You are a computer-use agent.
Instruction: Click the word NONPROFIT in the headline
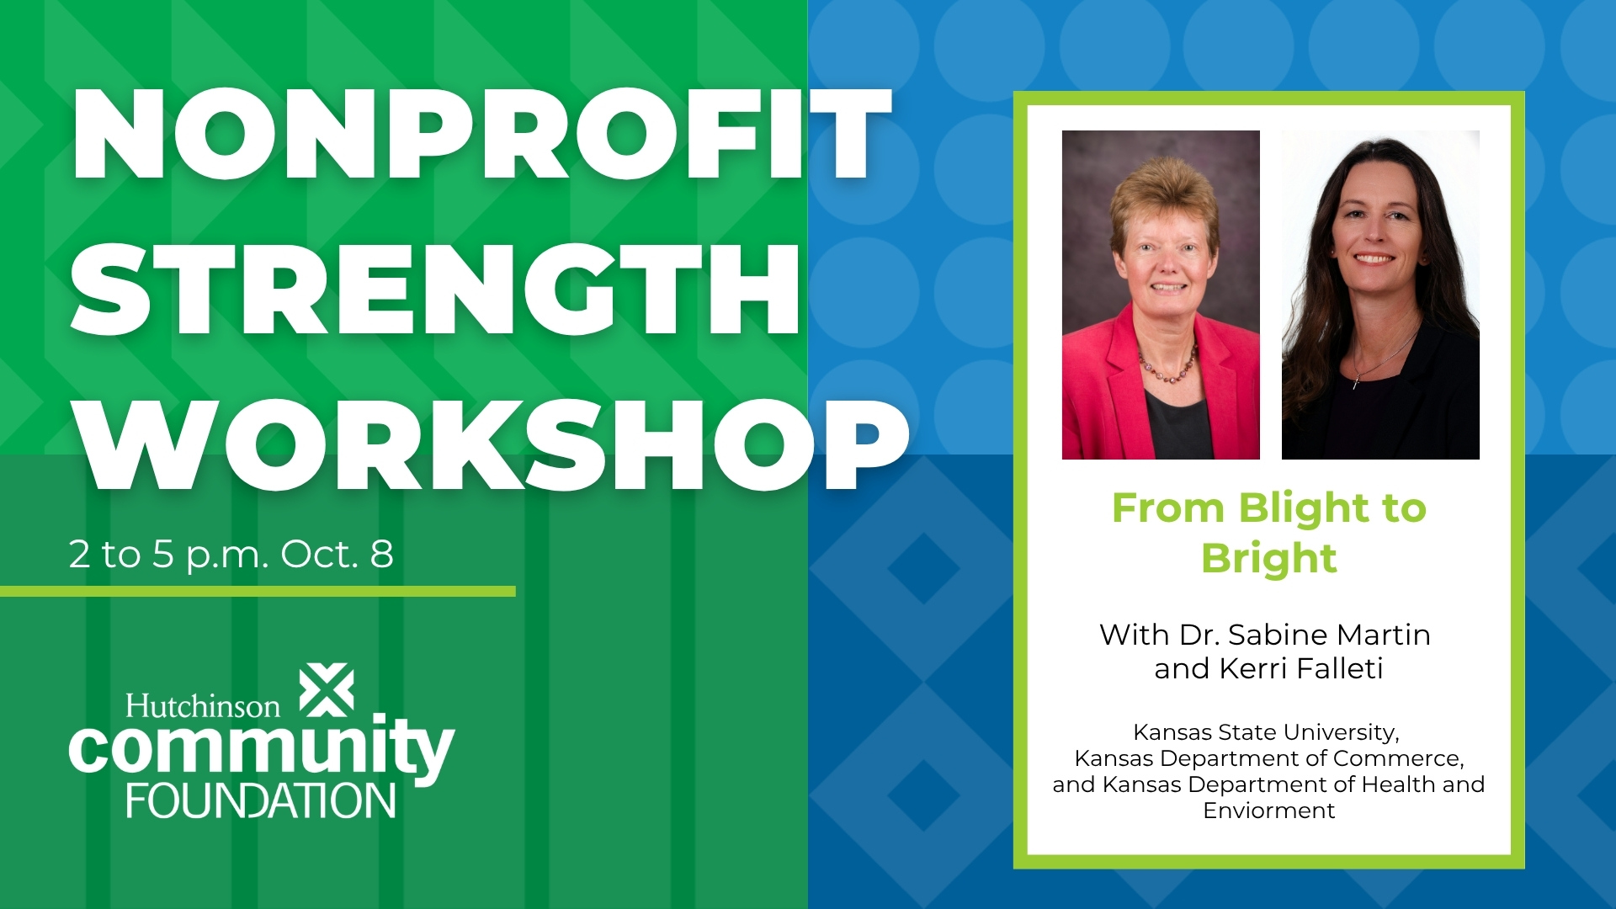pyautogui.click(x=481, y=135)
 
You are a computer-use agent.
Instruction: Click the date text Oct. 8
pyautogui.click(x=337, y=554)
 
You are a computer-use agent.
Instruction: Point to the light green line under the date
pyautogui.click(x=258, y=592)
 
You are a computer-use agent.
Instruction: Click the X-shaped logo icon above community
pyautogui.click(x=327, y=691)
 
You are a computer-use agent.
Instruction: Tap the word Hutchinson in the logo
pyautogui.click(x=203, y=705)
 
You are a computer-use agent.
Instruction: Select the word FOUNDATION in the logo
pyautogui.click(x=261, y=800)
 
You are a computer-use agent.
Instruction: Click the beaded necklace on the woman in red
pyautogui.click(x=1166, y=367)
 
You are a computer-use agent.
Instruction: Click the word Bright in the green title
pyautogui.click(x=1269, y=559)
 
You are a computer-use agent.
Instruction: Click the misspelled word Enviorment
pyautogui.click(x=1269, y=811)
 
